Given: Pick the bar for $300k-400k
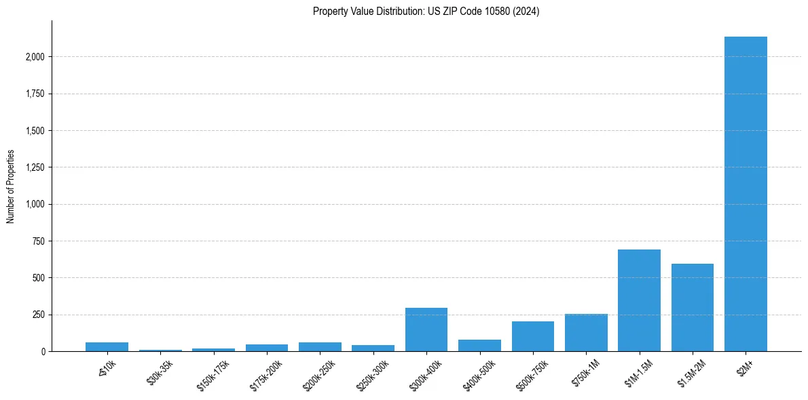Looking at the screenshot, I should [426, 329].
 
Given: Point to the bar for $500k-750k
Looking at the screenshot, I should [533, 336].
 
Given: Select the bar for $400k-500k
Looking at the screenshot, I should [479, 345].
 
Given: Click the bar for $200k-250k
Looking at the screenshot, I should [320, 346].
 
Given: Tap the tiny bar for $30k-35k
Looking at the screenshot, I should [160, 350].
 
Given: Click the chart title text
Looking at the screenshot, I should [426, 11].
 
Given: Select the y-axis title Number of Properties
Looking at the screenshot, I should [11, 186].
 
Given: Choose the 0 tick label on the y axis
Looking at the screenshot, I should [43, 352].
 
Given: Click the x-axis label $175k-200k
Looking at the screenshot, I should [266, 374].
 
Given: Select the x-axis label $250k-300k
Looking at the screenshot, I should [373, 374].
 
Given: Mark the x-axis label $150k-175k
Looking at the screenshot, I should [213, 374].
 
